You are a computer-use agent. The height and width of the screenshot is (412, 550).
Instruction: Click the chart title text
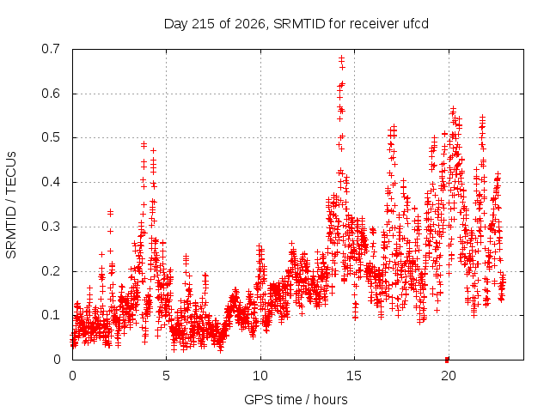296,24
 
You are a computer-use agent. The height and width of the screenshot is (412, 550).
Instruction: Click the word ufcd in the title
416,24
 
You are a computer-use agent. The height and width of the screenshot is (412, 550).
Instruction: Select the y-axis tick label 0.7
51,49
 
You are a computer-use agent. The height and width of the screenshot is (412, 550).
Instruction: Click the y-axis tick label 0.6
51,94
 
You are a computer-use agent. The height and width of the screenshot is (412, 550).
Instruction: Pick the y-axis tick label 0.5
51,137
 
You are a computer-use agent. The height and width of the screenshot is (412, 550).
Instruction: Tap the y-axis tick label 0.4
51,182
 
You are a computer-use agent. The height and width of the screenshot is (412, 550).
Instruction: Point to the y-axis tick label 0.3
51,227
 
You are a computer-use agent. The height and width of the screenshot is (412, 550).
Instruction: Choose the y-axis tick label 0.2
51,271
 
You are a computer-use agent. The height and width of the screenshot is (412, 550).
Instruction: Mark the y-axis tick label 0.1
51,315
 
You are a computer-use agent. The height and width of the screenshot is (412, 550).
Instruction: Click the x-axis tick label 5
166,376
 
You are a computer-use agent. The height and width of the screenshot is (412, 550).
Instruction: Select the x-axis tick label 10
260,376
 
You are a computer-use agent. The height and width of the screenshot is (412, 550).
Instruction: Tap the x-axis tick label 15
354,376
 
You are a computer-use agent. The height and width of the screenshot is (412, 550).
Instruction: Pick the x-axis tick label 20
448,376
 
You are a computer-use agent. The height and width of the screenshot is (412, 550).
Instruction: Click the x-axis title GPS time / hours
296,399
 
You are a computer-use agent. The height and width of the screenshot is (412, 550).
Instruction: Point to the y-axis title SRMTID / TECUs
11,205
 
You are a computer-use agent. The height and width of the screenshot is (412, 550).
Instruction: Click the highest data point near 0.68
341,58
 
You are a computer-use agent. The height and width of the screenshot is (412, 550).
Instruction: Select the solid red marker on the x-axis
447,360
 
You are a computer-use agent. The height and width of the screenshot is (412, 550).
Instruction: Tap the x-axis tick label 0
72,376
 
